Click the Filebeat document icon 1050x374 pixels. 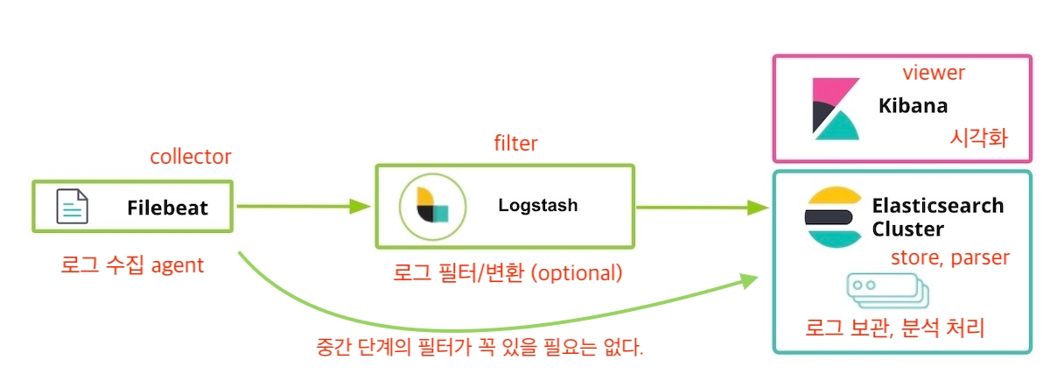73,207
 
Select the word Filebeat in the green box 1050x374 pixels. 168,208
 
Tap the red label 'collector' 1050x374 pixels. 191,157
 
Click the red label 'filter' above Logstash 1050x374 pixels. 515,144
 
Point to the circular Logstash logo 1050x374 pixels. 425,207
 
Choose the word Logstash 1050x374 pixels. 537,206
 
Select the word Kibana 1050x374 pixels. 913,107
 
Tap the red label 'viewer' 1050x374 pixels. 934,73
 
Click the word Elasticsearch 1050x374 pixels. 938,207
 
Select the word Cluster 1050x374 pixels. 907,229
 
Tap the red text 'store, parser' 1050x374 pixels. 950,258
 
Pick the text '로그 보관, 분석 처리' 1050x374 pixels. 895,328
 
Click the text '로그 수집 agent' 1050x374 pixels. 132,265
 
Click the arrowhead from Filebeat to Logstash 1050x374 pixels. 362,207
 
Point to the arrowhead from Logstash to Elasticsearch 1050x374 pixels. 759,208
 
